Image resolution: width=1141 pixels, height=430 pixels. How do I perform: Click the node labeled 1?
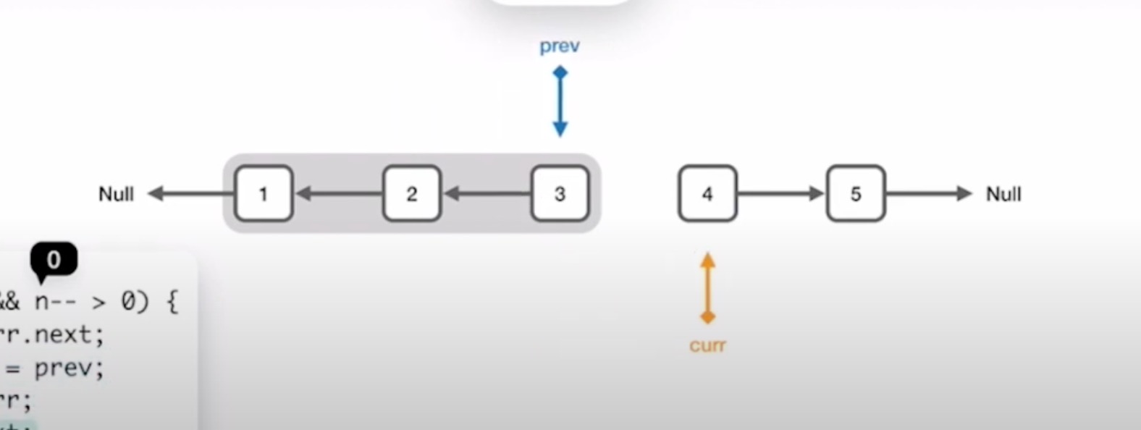264,193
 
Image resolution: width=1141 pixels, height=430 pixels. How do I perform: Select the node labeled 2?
411,193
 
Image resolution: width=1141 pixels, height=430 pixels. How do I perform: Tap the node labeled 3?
560,193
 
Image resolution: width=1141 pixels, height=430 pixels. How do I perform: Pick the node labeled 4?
707,193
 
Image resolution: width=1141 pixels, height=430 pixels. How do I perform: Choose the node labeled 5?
856,193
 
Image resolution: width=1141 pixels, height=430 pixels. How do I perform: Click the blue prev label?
560,46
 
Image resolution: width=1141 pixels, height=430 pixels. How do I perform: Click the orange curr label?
707,345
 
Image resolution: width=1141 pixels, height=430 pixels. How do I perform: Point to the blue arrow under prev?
560,101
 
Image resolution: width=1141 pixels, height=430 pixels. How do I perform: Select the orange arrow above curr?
708,287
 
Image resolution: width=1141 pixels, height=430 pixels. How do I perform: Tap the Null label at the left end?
116,194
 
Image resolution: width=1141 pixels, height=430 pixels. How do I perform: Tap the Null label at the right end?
1003,194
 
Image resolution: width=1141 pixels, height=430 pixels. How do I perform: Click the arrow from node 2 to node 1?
338,193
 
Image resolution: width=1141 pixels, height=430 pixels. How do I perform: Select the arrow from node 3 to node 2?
487,193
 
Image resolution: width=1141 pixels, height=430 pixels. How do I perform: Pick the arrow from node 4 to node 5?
781,193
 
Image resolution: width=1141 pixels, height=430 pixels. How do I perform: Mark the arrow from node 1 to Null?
191,193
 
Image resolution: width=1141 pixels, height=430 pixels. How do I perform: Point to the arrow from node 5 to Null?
929,193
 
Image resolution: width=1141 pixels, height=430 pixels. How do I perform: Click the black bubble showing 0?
54,259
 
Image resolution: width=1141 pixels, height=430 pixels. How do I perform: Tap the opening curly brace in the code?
172,301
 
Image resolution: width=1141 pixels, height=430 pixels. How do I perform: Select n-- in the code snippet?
56,301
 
